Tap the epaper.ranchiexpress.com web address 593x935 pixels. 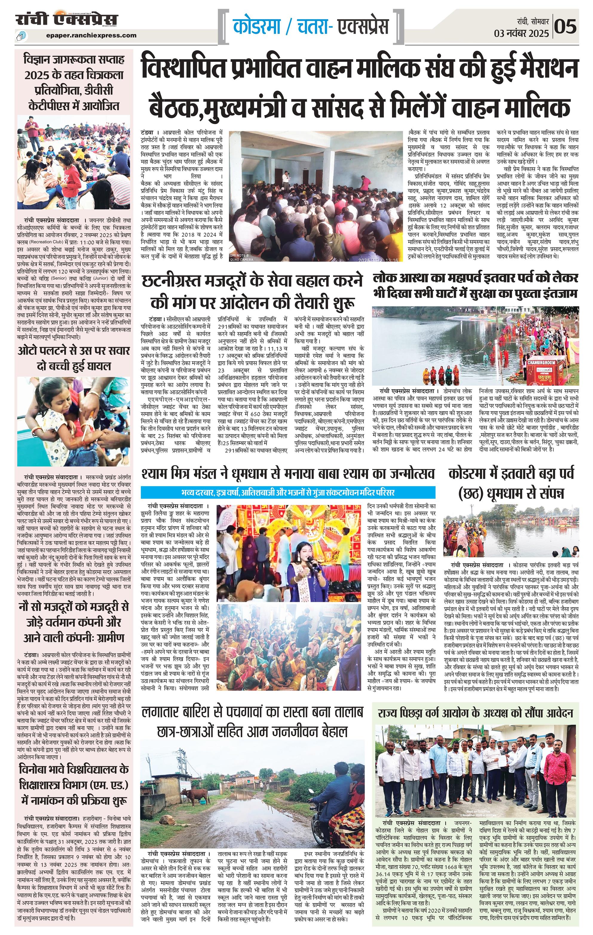[91, 35]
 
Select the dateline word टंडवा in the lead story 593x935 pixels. [148, 132]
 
